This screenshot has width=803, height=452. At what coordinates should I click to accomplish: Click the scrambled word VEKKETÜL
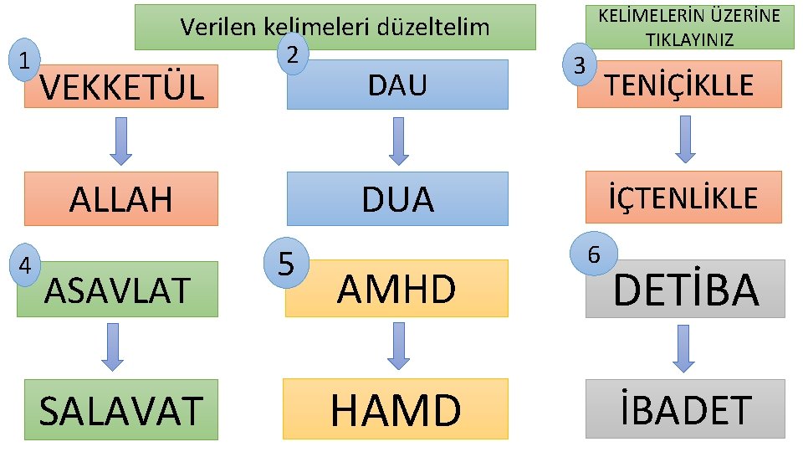click(122, 86)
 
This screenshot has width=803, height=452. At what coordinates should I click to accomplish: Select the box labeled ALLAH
click(121, 199)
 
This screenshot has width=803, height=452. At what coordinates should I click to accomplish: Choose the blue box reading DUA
click(397, 199)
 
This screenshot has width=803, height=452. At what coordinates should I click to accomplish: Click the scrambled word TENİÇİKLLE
click(679, 84)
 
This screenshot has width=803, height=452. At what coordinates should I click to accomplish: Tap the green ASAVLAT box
click(117, 290)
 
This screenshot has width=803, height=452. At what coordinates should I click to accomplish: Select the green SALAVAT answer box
click(121, 410)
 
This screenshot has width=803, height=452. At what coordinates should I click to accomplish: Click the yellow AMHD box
click(396, 289)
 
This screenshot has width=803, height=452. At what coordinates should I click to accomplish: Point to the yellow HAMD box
click(396, 409)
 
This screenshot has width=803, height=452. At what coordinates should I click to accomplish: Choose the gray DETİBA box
click(686, 289)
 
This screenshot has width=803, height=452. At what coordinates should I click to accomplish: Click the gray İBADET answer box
click(685, 409)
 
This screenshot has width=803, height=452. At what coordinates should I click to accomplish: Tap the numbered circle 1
click(28, 59)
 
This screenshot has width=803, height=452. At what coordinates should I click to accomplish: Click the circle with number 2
click(292, 54)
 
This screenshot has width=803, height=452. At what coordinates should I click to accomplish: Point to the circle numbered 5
click(286, 265)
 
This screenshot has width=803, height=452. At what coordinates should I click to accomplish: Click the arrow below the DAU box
click(399, 141)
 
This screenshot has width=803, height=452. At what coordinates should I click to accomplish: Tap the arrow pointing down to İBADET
click(684, 347)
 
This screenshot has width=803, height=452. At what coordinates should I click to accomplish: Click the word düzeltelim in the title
click(433, 27)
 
